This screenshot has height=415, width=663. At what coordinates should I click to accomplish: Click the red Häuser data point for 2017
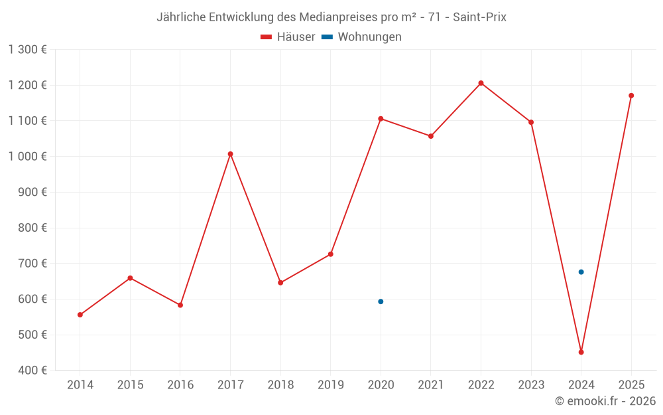230,154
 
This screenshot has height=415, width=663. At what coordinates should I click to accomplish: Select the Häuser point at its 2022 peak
481,83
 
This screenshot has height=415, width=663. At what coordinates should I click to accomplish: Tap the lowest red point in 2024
581,352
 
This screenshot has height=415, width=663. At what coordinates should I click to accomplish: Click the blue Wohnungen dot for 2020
381,301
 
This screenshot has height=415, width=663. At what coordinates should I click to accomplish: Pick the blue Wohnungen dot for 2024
581,272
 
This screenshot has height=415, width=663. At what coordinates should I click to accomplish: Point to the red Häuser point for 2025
631,96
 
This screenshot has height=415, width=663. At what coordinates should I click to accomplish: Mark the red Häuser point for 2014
80,315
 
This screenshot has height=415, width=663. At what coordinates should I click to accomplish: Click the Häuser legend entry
288,37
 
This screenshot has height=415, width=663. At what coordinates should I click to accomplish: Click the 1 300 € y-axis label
28,49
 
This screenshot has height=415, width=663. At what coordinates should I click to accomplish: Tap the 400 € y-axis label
32,370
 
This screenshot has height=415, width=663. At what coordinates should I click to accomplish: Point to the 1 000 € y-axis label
28,156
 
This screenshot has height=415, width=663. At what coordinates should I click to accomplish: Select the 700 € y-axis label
32,263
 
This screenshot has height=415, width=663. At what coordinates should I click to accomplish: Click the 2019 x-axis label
330,385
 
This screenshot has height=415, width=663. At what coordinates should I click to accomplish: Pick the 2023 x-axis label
530,385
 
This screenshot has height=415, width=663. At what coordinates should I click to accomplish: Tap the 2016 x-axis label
180,385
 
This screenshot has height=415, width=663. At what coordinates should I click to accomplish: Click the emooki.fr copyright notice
605,401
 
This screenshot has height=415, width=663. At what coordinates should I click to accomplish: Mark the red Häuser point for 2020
381,118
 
